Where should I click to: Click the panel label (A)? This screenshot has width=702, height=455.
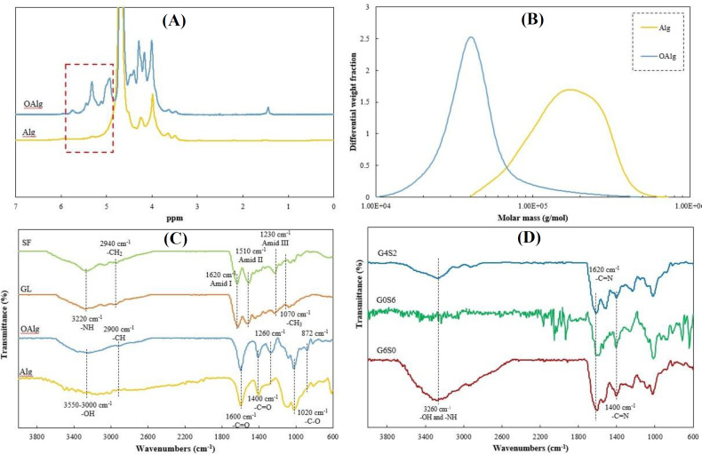coord(173,20)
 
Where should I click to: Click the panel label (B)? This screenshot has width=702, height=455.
coord(532,20)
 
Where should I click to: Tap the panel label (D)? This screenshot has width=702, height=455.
coord(530,237)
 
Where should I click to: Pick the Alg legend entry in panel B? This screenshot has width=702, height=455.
coord(657,28)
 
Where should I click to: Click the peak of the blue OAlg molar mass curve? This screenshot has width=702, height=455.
coord(471,37)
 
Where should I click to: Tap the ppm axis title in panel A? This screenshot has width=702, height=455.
coord(174,218)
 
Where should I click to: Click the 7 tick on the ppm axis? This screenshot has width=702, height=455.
coord(16,206)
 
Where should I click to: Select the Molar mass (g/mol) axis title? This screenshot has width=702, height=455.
coord(533,218)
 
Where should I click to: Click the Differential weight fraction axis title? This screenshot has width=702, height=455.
coord(354,101)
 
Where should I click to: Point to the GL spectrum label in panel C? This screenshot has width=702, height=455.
coord(27,290)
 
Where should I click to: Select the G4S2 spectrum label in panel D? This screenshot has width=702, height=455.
coord(386,252)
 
